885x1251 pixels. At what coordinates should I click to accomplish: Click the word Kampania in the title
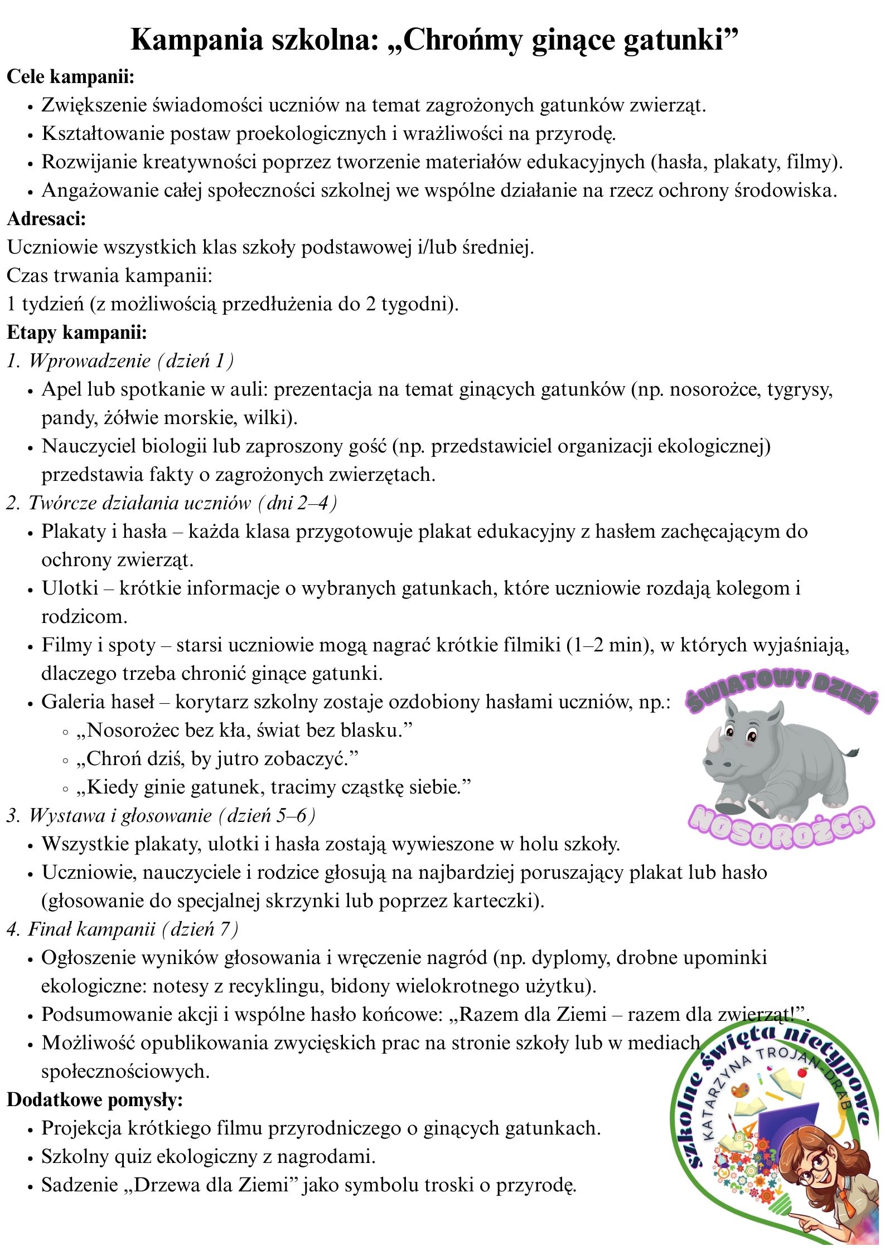pyautogui.click(x=196, y=40)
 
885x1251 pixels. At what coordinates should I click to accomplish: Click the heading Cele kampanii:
pyautogui.click(x=71, y=76)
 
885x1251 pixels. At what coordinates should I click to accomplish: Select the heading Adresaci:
pyautogui.click(x=46, y=218)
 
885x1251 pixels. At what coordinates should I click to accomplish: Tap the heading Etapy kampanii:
pyautogui.click(x=77, y=333)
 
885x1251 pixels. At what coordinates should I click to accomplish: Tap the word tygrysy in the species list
pyautogui.click(x=800, y=390)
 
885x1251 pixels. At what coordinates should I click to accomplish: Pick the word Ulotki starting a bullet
pyautogui.click(x=70, y=588)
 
